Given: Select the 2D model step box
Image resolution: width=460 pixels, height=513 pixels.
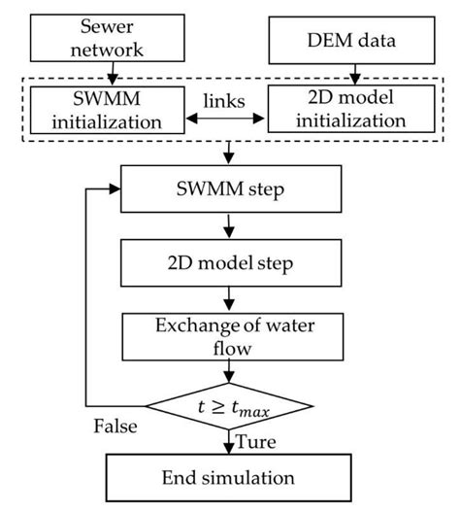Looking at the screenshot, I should pos(229,261).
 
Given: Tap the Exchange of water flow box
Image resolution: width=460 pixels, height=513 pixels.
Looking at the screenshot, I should pos(229,334).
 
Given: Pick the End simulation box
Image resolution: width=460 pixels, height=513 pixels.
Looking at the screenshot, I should pos(229,478).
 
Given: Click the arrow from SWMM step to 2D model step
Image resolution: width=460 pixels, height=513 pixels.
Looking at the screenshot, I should pos(229,225).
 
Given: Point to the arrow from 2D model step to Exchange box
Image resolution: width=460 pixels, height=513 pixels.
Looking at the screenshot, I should pos(229,297).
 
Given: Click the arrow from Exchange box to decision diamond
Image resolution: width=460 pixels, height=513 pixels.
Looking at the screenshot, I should pos(229,371).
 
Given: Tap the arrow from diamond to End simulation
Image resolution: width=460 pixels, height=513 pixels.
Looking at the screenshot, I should pos(229,439).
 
